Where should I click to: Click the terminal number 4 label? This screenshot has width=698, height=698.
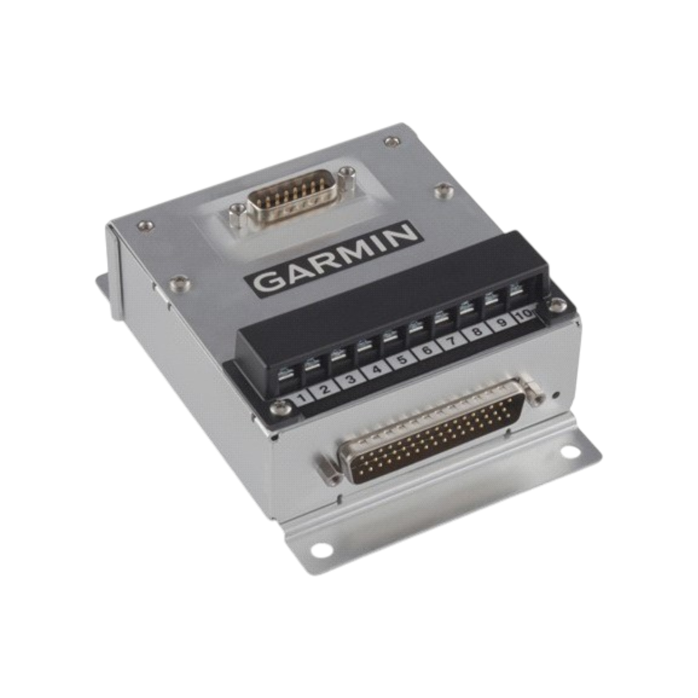pos(376,370)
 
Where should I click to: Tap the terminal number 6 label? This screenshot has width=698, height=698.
pos(427,350)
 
